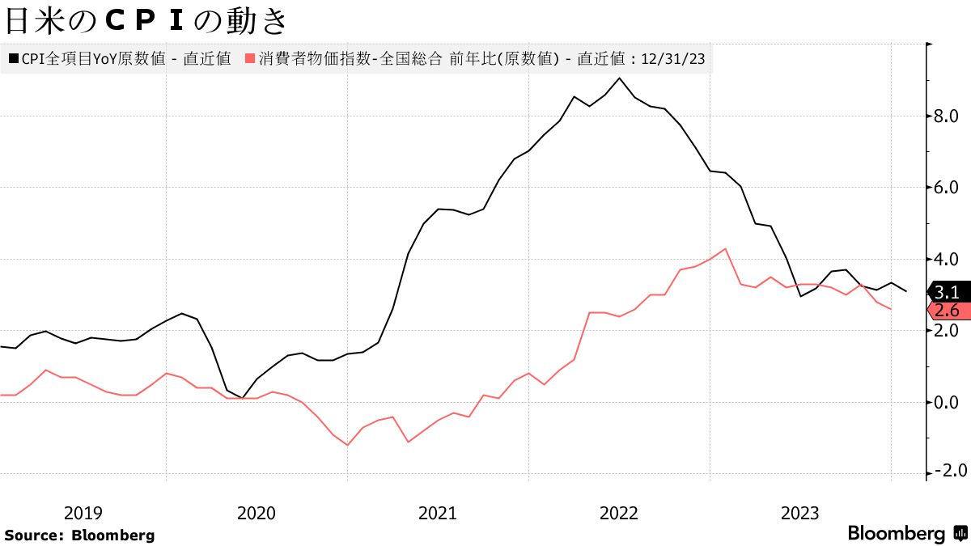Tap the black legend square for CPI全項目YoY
[13, 58]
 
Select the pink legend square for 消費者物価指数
[250, 58]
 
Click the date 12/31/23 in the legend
[673, 58]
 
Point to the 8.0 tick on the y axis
[947, 116]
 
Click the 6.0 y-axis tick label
[947, 188]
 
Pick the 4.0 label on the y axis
[947, 260]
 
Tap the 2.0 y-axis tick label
[947, 331]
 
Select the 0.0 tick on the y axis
[947, 402]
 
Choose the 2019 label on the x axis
[83, 513]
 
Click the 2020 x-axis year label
[257, 513]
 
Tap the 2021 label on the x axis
[438, 513]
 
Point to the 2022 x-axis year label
[619, 513]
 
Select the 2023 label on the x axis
[800, 513]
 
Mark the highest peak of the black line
[619, 78]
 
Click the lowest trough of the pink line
[347, 445]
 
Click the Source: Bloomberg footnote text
[79, 535]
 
